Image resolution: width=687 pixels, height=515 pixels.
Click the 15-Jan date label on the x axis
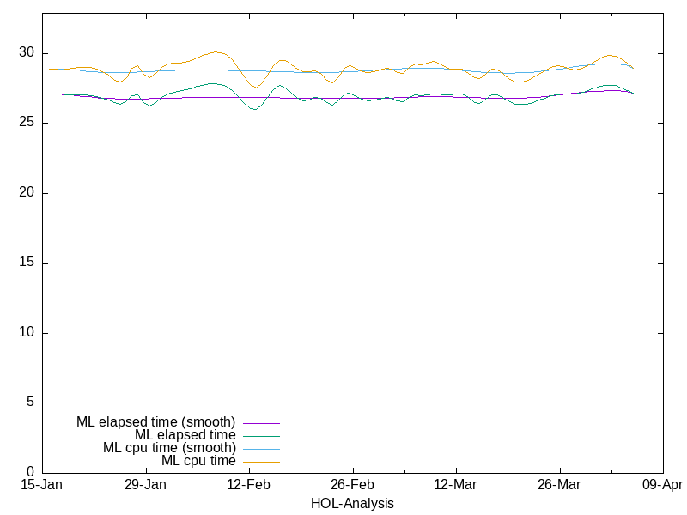pyautogui.click(x=42, y=486)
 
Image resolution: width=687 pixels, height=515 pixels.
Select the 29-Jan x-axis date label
pyautogui.click(x=145, y=486)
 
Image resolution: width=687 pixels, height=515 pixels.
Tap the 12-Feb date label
pyautogui.click(x=249, y=486)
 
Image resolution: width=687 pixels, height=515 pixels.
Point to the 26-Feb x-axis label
pyautogui.click(x=352, y=486)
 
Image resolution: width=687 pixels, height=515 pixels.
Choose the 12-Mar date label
pyautogui.click(x=456, y=486)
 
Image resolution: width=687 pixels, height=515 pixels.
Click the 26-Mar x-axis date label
pyautogui.click(x=559, y=486)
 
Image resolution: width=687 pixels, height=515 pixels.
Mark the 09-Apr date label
pyautogui.click(x=662, y=486)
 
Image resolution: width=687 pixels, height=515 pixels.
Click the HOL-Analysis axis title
pyautogui.click(x=352, y=503)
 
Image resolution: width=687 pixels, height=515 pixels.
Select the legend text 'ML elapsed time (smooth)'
pyautogui.click(x=155, y=422)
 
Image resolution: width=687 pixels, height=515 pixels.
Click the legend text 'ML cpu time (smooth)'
pyautogui.click(x=169, y=448)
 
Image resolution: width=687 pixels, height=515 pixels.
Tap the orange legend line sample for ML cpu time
pyautogui.click(x=261, y=462)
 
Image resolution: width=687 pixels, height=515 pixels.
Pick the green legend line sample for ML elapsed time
pyautogui.click(x=261, y=436)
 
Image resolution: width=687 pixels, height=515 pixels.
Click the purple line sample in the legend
pyautogui.click(x=261, y=423)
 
